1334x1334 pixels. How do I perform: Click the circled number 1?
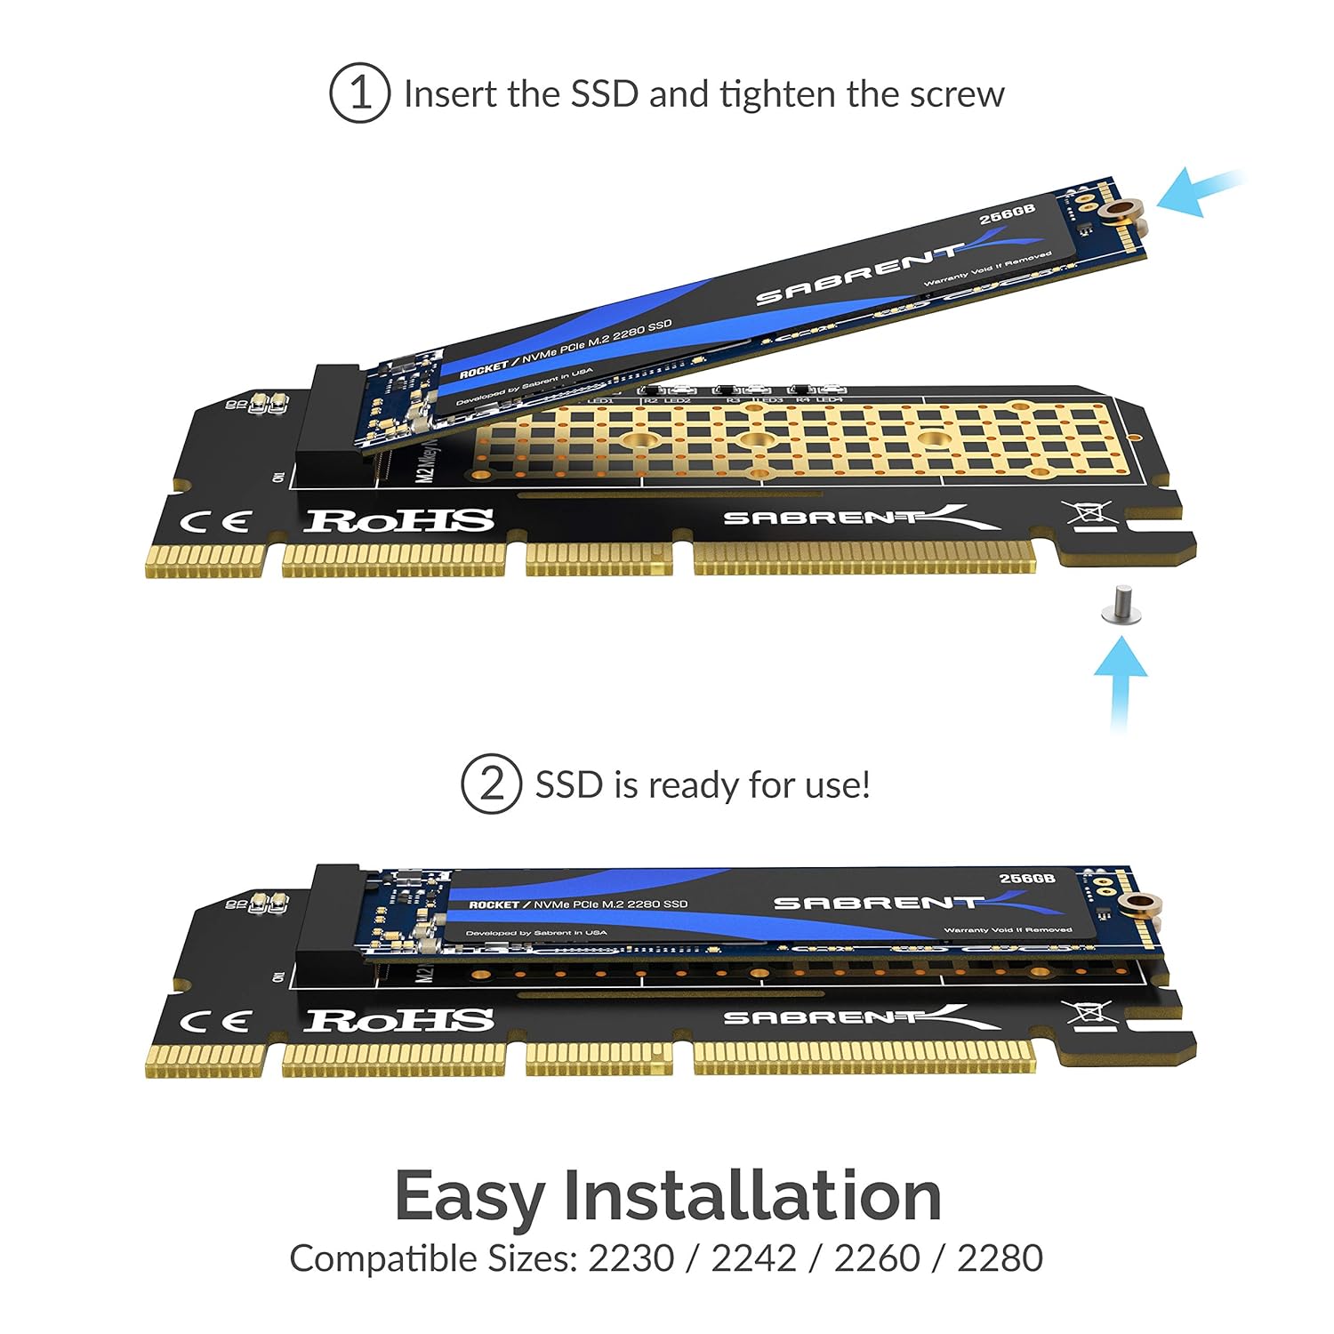(x=359, y=92)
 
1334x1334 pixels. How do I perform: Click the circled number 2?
(x=491, y=784)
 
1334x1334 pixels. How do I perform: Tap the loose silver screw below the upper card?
(x=1121, y=607)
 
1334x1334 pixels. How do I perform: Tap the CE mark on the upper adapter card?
(x=215, y=522)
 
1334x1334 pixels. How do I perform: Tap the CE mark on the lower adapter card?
(x=215, y=1021)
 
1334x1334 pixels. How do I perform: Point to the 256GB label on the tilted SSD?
(x=1007, y=214)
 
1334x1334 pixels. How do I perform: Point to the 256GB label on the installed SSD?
(x=1026, y=879)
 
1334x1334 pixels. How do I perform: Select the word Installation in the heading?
(x=751, y=1195)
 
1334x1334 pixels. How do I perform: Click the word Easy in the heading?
(x=469, y=1197)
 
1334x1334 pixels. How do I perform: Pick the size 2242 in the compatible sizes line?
(x=754, y=1258)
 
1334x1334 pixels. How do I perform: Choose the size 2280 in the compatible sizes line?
(x=1000, y=1258)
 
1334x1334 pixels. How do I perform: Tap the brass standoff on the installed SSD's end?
(x=1139, y=905)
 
